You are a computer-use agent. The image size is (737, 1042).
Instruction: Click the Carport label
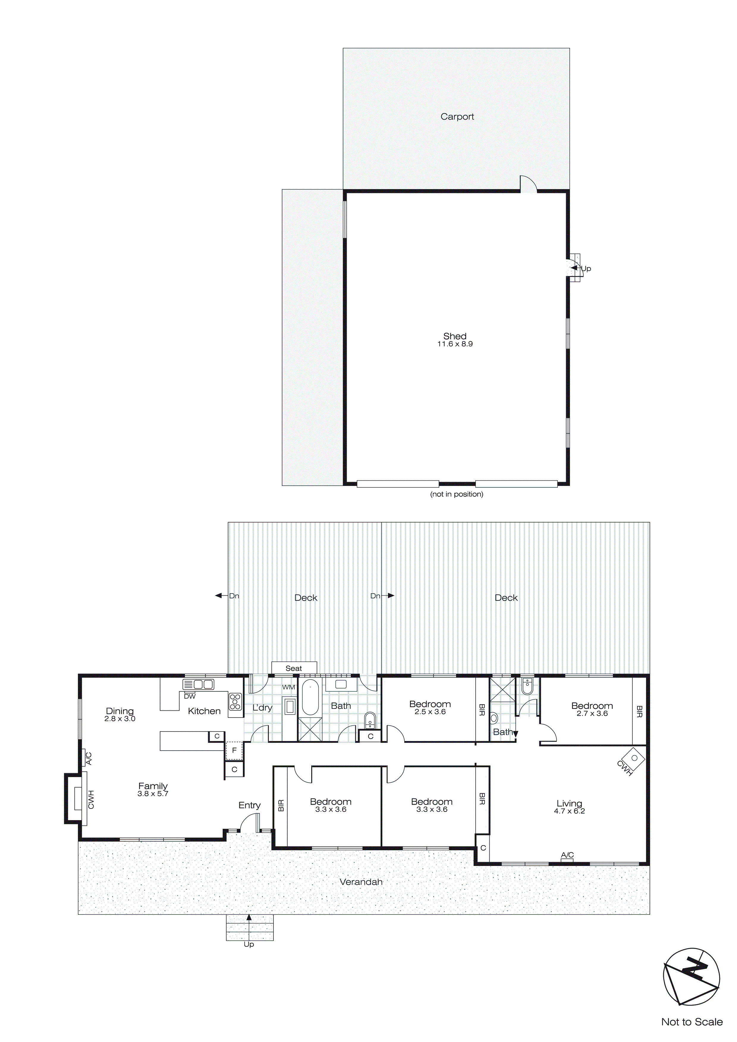pyautogui.click(x=457, y=117)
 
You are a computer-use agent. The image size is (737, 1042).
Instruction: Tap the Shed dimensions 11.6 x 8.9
pyautogui.click(x=455, y=344)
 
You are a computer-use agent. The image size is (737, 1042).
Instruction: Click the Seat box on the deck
pyautogui.click(x=294, y=668)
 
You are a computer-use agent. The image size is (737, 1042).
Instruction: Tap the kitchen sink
pyautogui.click(x=198, y=684)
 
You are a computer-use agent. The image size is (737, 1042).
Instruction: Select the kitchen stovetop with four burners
pyautogui.click(x=235, y=702)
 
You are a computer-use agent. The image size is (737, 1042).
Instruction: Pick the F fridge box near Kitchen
pyautogui.click(x=234, y=751)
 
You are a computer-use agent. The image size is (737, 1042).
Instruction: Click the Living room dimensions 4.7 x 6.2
pyautogui.click(x=569, y=811)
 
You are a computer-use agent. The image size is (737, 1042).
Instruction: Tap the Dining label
pyautogui.click(x=120, y=711)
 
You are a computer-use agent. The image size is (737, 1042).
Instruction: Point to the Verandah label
pyautogui.click(x=361, y=882)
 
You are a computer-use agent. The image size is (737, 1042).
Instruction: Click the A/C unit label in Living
pyautogui.click(x=567, y=855)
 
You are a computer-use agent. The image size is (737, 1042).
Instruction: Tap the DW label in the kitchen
pyautogui.click(x=190, y=696)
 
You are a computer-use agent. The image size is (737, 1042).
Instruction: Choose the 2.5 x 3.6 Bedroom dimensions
pyautogui.click(x=430, y=712)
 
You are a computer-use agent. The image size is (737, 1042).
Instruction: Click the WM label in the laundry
pyautogui.click(x=289, y=687)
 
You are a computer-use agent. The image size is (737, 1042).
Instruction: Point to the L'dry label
pyautogui.click(x=262, y=707)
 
